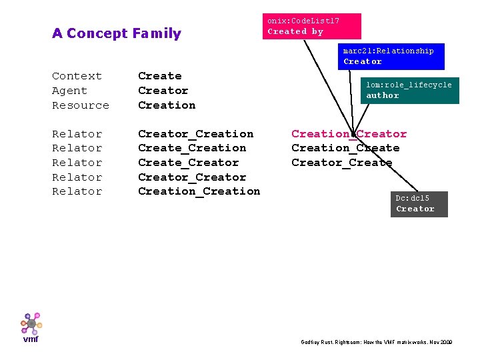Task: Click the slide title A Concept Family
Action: click(117, 33)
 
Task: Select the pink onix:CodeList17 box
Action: click(313, 26)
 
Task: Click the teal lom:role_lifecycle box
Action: click(411, 90)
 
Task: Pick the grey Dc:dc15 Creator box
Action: click(419, 204)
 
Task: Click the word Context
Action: click(77, 76)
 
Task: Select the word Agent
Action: click(69, 91)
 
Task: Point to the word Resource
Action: click(80, 105)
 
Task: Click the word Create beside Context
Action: click(159, 76)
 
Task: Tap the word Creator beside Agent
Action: click(163, 91)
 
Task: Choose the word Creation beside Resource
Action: click(167, 105)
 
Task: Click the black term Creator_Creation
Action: click(195, 134)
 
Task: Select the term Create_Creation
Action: click(192, 148)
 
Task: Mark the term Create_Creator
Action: click(188, 163)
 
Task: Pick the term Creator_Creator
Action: click(192, 177)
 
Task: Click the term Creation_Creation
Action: click(199, 191)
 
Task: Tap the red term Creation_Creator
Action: click(349, 134)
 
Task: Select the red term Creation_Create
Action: click(345, 148)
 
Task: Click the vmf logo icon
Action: click(31, 326)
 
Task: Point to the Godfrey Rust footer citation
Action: click(377, 342)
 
